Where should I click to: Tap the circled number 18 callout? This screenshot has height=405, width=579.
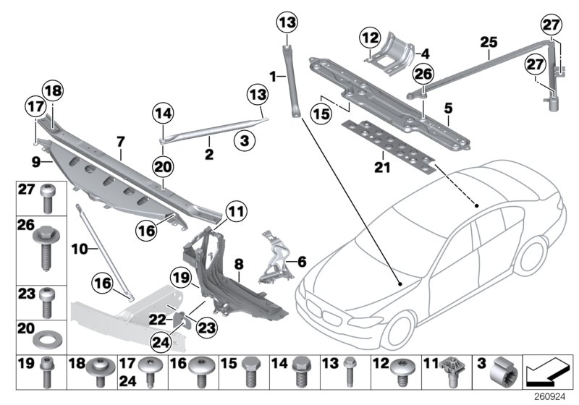click(53, 90)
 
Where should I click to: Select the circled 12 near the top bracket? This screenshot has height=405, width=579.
click(371, 37)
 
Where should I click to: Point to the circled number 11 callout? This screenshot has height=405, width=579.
click(233, 213)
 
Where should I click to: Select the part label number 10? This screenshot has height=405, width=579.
click(80, 248)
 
